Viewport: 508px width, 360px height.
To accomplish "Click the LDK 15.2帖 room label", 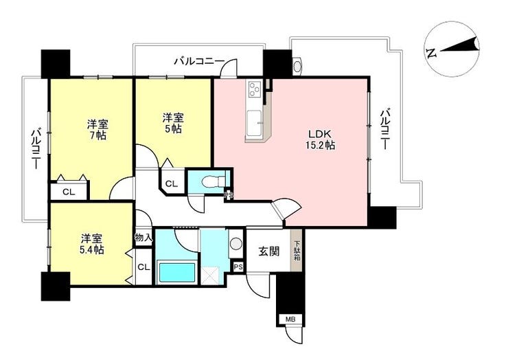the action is pos(321,139).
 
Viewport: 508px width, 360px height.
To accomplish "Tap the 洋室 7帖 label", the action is pos(97,129).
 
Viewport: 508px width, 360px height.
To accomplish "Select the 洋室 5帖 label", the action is pos(173,123).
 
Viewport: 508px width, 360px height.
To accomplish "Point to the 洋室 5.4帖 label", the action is pos(92,245).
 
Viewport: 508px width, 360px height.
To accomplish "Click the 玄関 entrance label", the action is pos(269,251).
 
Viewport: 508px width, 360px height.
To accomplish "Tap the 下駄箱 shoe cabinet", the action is pos(297,250).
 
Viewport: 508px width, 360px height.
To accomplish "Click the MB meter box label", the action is pos(290,319).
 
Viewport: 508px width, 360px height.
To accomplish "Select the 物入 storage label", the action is pos(143,238).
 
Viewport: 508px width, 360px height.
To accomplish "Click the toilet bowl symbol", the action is pos(213,181).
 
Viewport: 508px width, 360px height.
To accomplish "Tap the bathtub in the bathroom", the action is pos(176,273).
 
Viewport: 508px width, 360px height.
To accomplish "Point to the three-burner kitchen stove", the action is pos(255,89).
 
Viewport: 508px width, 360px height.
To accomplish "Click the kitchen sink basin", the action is pos(255,124).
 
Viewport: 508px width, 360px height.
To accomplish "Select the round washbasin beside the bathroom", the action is pos(235,244).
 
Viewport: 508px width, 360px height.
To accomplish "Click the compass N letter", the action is pos(431,53).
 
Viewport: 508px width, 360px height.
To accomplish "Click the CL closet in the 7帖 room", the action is pos(69,192).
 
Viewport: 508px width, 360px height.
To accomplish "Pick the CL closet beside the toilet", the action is pos(172,184).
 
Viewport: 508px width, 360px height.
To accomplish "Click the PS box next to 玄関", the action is pos(238,267).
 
